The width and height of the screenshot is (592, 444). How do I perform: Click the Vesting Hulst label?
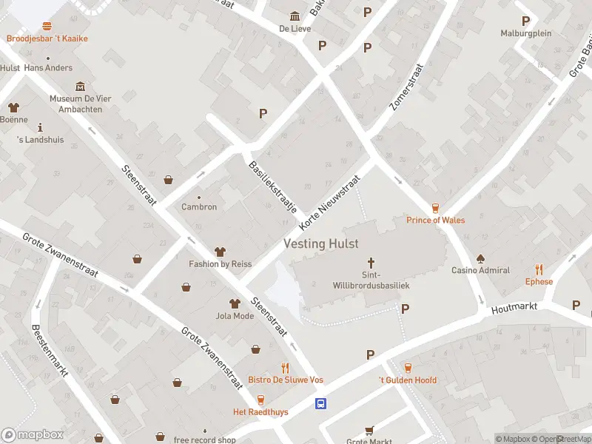click(321, 243)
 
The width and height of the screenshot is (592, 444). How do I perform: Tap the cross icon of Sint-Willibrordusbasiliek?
click(371, 263)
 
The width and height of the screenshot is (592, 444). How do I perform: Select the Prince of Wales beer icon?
click(435, 208)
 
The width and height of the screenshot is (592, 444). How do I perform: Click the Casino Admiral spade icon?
click(480, 258)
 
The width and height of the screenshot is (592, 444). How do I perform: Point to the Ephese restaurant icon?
click(539, 270)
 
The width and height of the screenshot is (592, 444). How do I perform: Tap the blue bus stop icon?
click(321, 403)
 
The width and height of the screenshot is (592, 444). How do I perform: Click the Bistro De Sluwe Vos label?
click(285, 380)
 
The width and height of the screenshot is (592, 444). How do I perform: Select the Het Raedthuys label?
click(260, 411)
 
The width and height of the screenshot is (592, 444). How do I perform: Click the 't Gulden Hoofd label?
click(407, 380)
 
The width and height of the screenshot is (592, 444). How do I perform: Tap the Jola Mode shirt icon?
click(235, 303)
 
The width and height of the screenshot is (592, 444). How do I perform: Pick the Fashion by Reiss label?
click(220, 264)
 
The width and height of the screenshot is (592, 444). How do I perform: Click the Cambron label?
click(199, 206)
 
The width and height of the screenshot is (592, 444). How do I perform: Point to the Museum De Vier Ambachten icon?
click(80, 87)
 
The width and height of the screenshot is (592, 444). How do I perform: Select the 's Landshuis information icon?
click(40, 127)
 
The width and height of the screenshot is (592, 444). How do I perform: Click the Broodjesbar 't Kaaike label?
click(47, 38)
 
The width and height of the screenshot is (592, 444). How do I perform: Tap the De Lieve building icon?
click(295, 16)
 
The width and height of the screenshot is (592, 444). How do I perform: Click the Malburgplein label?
click(526, 33)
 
